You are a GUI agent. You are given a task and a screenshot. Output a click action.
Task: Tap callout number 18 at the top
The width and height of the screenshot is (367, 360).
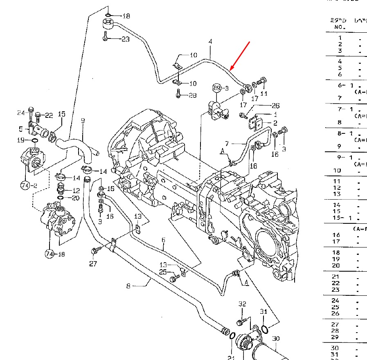click(x=126, y=16)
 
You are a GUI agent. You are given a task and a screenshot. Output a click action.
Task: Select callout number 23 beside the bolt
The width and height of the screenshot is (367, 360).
click(x=125, y=39)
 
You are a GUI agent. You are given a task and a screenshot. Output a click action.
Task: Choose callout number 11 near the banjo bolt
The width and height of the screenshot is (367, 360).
click(x=264, y=93)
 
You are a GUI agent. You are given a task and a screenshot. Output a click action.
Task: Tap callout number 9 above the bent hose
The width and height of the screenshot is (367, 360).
click(x=83, y=121)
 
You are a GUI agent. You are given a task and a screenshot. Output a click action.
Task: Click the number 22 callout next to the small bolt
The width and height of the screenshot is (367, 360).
click(x=49, y=115)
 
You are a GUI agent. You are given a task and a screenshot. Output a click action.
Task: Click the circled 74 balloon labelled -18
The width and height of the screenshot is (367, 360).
click(x=50, y=254)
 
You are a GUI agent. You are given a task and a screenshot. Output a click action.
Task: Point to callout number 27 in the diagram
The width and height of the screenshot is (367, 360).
click(x=93, y=264)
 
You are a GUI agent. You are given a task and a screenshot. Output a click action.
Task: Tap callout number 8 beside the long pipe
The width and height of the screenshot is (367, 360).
click(x=128, y=286)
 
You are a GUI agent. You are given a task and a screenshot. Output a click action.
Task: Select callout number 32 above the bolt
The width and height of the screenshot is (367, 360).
click(x=243, y=304)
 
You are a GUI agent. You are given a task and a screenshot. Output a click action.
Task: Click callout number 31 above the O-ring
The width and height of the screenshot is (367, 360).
click(x=263, y=312)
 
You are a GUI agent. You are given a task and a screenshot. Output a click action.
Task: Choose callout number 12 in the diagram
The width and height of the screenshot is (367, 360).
click(x=76, y=191)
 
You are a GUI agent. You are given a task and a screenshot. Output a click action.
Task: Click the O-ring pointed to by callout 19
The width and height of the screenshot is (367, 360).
click(x=35, y=141)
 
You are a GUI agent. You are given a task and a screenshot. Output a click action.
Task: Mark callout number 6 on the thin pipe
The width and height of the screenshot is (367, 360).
click(x=163, y=247)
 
